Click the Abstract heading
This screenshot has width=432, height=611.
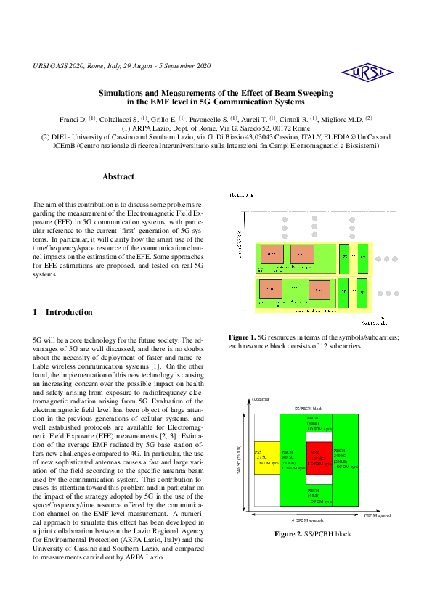(x=118, y=176)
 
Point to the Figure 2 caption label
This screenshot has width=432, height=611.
(x=288, y=533)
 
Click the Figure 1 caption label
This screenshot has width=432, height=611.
(x=243, y=337)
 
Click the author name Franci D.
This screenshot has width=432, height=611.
(x=73, y=118)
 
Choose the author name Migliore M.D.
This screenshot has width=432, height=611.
(x=344, y=118)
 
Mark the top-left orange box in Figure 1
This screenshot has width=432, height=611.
(x=271, y=255)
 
